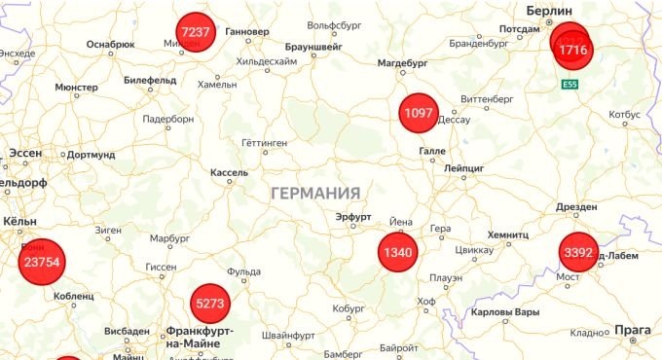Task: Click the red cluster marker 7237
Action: click(x=196, y=32)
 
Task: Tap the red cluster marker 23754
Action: click(x=42, y=262)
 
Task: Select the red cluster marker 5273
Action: click(x=210, y=304)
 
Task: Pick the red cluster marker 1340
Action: click(x=398, y=253)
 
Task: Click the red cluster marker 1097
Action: click(x=418, y=114)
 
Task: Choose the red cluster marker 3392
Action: click(x=577, y=254)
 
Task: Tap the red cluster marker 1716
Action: click(x=573, y=50)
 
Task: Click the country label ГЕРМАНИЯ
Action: click(x=315, y=193)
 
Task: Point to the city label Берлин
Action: click(x=548, y=10)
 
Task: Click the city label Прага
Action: click(x=633, y=331)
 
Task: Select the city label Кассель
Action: click(x=230, y=172)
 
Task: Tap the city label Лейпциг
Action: click(x=462, y=168)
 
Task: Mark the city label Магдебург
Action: click(x=402, y=63)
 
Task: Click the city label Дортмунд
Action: click(x=92, y=154)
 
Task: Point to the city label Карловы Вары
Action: click(x=503, y=312)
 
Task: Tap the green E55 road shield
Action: click(x=570, y=86)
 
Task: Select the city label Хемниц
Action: click(x=507, y=235)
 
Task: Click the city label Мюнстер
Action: click(x=77, y=88)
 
